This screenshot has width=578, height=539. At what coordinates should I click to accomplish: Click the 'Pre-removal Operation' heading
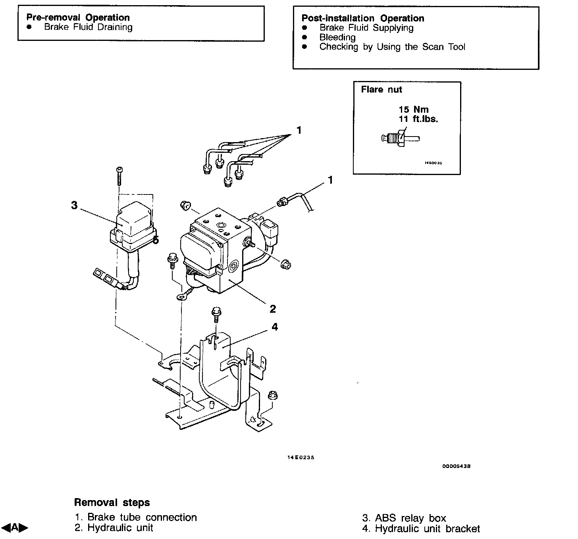(x=78, y=17)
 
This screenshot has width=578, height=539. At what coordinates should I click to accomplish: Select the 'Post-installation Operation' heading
(x=362, y=18)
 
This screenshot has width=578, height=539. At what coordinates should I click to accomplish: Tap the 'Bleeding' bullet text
(x=337, y=37)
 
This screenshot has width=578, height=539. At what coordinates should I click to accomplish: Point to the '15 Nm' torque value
(x=414, y=109)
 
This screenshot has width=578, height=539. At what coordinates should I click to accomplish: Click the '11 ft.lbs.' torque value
(x=418, y=119)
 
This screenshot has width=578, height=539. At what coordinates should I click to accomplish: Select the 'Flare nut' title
(x=381, y=90)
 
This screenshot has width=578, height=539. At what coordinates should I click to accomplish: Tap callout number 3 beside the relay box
(x=74, y=206)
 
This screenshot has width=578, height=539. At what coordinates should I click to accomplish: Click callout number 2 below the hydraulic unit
(x=273, y=308)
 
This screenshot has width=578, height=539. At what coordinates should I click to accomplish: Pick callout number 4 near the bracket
(x=274, y=327)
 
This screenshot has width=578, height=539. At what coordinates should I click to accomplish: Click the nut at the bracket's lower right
(x=272, y=395)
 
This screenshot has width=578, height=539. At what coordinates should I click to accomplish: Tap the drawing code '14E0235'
(x=301, y=458)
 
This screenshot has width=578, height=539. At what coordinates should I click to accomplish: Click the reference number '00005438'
(x=456, y=466)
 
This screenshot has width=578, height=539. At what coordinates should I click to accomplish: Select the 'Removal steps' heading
(x=112, y=502)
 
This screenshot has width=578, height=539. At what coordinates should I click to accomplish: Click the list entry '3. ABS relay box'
(x=404, y=518)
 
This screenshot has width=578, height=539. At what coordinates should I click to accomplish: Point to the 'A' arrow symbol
(x=15, y=527)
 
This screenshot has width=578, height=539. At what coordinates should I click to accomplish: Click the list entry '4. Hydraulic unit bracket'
(x=421, y=529)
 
